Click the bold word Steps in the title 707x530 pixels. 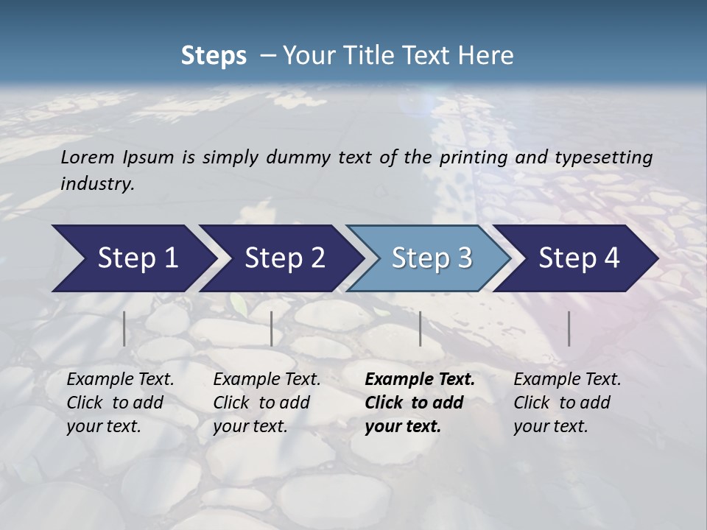[214, 55]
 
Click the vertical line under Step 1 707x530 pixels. [124, 328]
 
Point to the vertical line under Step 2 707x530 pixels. [272, 328]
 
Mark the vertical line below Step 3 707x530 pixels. [421, 328]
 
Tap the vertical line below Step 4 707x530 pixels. [569, 328]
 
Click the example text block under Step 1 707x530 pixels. [120, 403]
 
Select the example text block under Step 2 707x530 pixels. [267, 403]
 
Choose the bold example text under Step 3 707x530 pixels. [420, 403]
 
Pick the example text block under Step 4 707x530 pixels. [567, 403]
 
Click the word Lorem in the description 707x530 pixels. [88, 157]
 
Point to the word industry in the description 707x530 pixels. [97, 183]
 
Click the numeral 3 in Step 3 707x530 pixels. [464, 258]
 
